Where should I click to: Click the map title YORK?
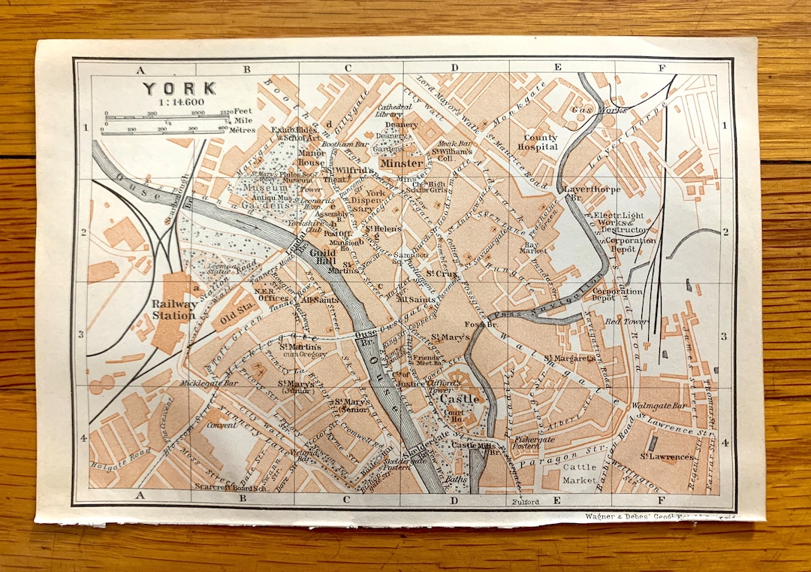179,88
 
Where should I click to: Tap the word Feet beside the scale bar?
243,110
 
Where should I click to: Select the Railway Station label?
173,310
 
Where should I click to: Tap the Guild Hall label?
321,258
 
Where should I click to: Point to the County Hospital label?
541,142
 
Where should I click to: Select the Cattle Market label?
579,473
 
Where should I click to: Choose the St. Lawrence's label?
666,456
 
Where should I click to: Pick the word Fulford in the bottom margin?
526,501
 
